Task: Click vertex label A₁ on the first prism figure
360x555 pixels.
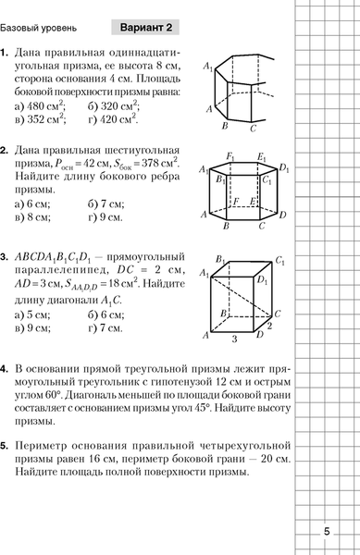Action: (x=209, y=65)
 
